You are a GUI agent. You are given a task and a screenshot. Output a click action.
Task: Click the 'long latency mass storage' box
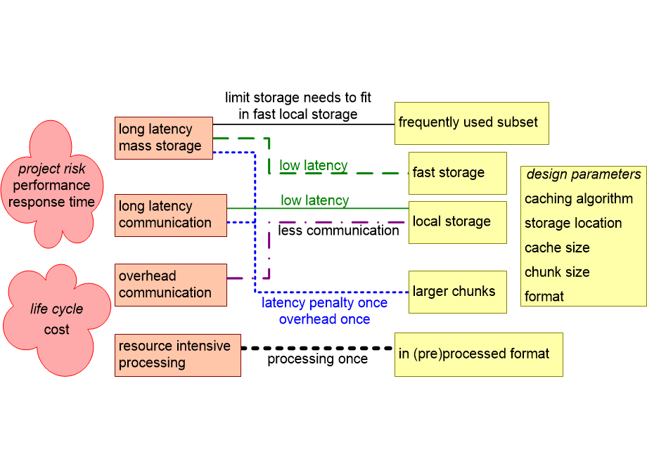pos(163,138)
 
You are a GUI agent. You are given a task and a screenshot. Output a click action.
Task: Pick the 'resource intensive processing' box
pos(177,355)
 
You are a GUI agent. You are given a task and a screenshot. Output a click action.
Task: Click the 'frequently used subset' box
pos(471,123)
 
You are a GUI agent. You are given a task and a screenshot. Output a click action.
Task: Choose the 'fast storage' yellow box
pos(457,173)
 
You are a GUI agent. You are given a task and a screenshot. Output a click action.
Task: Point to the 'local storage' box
pos(457,222)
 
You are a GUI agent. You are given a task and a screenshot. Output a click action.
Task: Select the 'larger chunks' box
pos(457,292)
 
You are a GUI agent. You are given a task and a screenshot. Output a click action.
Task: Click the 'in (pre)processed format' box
pos(478,354)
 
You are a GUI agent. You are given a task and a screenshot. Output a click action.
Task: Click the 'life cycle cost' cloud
pos(56,320)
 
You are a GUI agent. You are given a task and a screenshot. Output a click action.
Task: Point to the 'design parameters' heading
pos(583,174)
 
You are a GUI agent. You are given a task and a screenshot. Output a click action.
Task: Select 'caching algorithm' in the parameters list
pos(579,199)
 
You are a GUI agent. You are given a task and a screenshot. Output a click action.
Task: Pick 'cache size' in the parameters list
pos(557,247)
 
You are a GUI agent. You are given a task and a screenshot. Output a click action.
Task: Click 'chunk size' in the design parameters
pos(557,272)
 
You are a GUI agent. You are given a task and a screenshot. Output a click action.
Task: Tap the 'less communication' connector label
pos(338,231)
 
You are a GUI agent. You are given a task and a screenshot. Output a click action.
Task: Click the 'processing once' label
pos(317,359)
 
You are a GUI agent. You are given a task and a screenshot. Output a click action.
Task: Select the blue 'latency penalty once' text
pos(324,303)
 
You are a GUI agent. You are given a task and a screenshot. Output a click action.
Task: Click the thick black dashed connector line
pos(316,348)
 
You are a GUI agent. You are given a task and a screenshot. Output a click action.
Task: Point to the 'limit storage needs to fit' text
pos(297,98)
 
